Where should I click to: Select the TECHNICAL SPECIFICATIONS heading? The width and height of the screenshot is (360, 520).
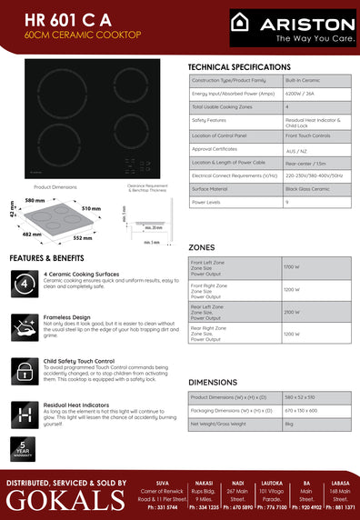(239, 68)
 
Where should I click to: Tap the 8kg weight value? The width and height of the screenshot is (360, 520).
(289, 424)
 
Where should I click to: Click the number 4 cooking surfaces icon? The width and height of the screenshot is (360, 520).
(25, 285)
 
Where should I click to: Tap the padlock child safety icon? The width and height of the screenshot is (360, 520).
(25, 369)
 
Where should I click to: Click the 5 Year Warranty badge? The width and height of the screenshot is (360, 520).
(24, 448)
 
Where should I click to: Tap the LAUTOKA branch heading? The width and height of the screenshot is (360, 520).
(270, 483)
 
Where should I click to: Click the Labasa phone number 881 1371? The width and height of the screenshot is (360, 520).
(340, 507)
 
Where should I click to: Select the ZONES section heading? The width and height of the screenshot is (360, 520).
(202, 247)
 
